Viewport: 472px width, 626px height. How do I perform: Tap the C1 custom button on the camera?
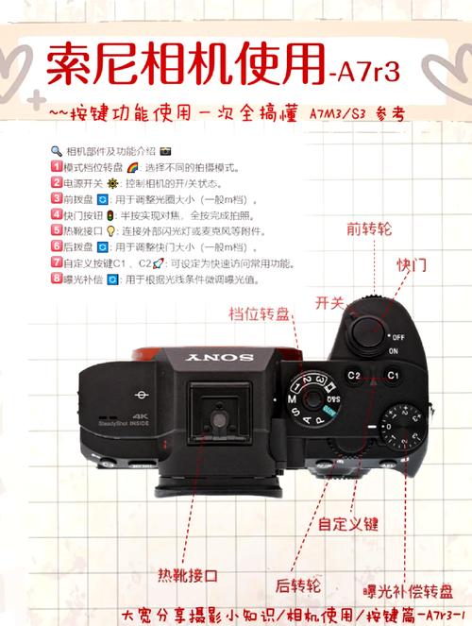[393, 375]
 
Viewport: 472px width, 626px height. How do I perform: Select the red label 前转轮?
[368, 228]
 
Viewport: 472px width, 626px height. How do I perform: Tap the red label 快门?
[410, 264]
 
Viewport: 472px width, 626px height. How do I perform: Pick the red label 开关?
[329, 302]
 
